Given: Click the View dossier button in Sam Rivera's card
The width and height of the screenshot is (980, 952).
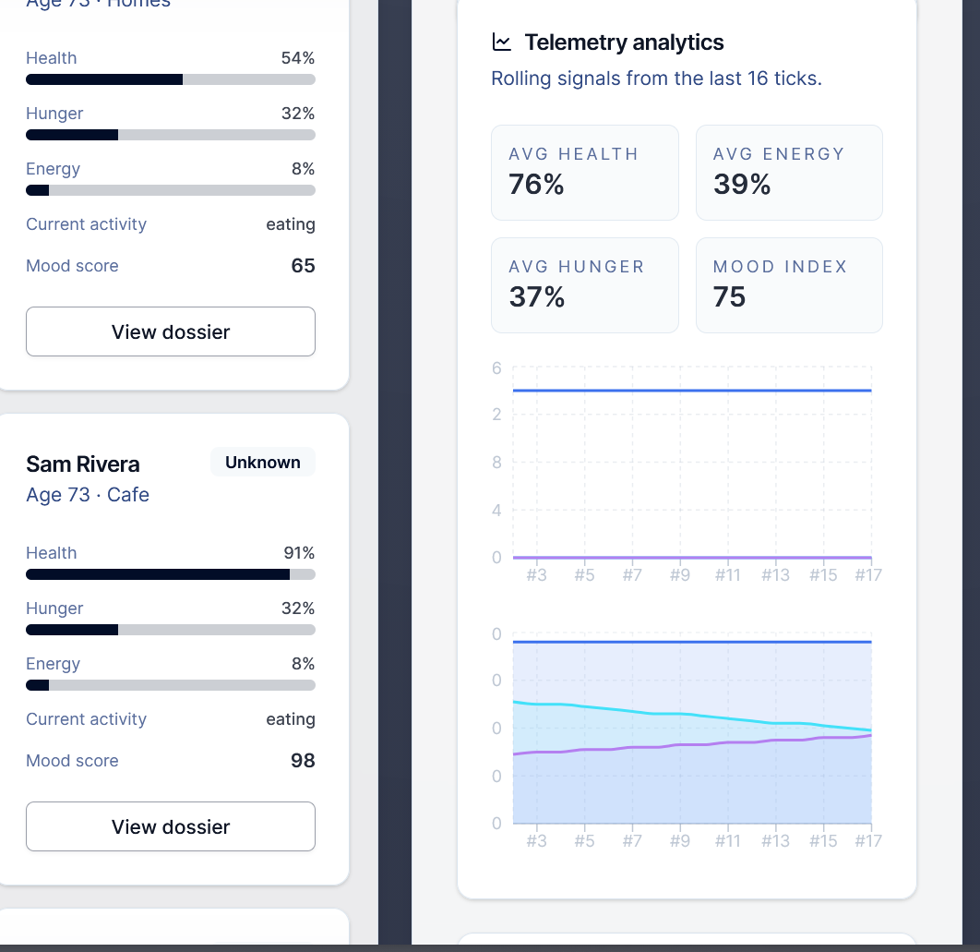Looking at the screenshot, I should pos(171,826).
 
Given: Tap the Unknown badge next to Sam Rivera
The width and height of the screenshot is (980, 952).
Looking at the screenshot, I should pos(263,463).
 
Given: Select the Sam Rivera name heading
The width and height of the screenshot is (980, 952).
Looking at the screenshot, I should pos(83,464).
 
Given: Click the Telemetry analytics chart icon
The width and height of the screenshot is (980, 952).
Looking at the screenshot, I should pos(502,42).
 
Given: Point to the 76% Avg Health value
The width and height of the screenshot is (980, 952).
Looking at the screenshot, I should pos(536,185).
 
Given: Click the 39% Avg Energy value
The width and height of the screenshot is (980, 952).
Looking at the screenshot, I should pos(742,185).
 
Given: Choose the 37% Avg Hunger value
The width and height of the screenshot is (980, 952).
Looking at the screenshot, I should pos(537,297).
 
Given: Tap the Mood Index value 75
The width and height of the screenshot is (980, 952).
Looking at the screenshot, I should pos(730,297).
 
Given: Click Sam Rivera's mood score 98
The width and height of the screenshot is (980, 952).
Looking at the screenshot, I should pos(303,761).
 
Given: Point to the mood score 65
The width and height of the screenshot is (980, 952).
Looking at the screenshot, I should pos(303,266).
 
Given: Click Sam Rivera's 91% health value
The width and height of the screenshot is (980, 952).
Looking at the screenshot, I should pos(299,553).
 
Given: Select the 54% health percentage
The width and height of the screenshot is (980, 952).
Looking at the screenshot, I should pos(298,58).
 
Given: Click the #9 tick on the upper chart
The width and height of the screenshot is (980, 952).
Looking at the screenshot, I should pos(680,575).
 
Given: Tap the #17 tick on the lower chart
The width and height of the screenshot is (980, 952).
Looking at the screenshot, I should pos(868,841).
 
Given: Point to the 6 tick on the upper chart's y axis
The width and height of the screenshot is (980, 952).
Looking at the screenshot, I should pos(496,368).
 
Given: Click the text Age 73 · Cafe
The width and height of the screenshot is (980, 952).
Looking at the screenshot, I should pos(88,495).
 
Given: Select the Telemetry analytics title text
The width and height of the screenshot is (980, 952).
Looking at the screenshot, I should pos(624,42).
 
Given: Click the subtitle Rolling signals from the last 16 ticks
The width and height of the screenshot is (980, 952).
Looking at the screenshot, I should pos(656,78).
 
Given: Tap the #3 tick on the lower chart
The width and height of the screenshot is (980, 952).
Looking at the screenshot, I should pos(536,841).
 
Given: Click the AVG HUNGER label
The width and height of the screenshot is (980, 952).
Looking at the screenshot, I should pos(577,267).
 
